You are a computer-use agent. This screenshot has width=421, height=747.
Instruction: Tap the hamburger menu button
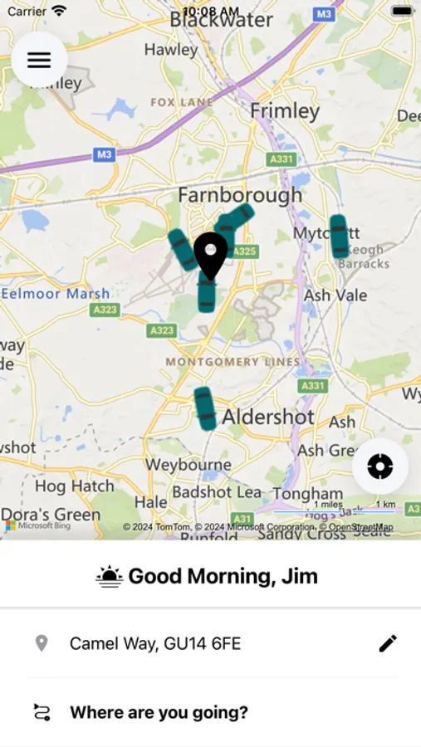[x=39, y=60]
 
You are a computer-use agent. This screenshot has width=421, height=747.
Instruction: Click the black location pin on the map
[x=210, y=252]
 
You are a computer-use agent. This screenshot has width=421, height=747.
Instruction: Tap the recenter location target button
[x=379, y=466]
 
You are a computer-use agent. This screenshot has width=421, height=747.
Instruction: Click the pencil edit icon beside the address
[x=387, y=643]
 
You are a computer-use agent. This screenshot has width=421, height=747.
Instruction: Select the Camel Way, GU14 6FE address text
[x=155, y=643]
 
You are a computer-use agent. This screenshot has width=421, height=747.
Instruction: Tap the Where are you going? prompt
[x=159, y=712]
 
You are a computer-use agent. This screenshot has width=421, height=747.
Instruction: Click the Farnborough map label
[x=240, y=196]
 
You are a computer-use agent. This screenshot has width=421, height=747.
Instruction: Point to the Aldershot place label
[x=268, y=416]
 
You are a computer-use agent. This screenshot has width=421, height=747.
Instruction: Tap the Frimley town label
[x=284, y=111]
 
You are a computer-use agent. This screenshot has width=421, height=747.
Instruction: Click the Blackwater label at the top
[x=221, y=20]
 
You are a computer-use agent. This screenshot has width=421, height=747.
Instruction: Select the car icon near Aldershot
[x=204, y=408]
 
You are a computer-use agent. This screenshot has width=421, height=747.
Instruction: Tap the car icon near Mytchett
[x=339, y=236]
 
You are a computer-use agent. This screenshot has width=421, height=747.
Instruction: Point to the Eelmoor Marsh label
[x=55, y=293]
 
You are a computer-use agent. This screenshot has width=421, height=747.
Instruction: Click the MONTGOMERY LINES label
[x=233, y=362]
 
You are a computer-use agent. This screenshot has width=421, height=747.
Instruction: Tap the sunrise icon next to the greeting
[x=110, y=576]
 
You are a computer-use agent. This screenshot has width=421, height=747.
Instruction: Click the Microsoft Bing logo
[x=38, y=525]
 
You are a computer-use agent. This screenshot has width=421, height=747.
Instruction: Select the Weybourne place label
[x=188, y=464]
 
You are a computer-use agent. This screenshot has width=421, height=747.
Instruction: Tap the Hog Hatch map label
[x=74, y=486]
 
